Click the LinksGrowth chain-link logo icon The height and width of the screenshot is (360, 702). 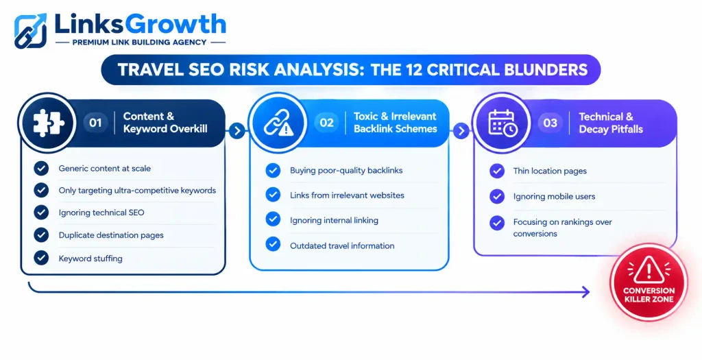tap(30, 30)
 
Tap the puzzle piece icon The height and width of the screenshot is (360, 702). tap(49, 123)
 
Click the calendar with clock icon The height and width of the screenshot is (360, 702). tap(503, 122)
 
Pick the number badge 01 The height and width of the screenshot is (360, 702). tap(95, 123)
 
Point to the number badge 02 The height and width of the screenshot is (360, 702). tap(326, 123)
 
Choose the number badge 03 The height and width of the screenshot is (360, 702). tap(550, 123)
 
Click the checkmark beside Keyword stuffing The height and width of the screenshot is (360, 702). tap(41, 258)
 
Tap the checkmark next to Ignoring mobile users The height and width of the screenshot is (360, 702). tap(497, 196)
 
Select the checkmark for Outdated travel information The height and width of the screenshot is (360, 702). tap(273, 245)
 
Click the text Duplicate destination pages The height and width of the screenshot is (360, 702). tap(111, 235)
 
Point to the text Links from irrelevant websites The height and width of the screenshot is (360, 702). tap(347, 195)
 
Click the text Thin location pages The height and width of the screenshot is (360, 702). tap(550, 171)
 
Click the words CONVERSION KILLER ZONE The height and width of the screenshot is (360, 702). tap(649, 295)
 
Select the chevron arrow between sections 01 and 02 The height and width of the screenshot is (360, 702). tap(237, 131)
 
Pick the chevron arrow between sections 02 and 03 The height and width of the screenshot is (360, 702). tap(461, 131)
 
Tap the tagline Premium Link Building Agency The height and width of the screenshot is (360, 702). tap(139, 42)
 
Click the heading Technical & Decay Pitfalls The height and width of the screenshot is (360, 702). tap(611, 123)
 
